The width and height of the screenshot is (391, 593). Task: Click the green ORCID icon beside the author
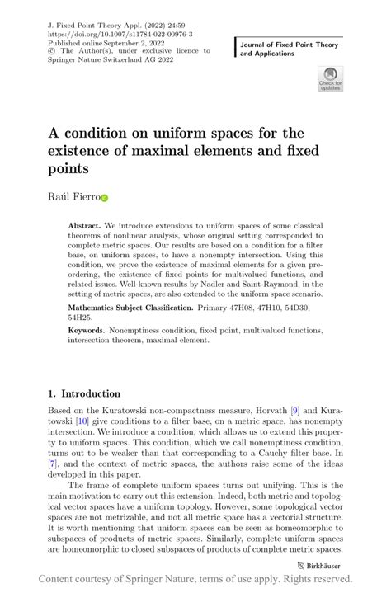click(x=105, y=199)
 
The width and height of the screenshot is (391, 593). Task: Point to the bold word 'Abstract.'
click(x=86, y=225)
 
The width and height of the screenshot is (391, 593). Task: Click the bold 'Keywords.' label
click(x=90, y=330)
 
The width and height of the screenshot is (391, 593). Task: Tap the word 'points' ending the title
click(x=68, y=169)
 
